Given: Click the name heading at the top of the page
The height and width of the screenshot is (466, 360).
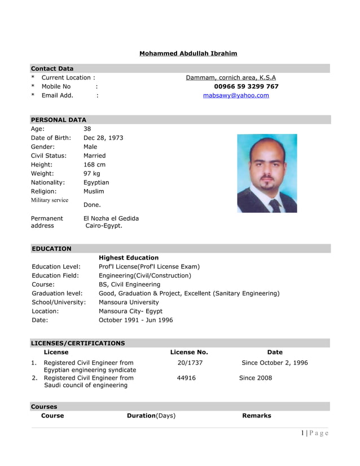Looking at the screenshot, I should [x=188, y=54].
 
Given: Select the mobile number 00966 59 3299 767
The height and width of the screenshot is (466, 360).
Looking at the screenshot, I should [x=246, y=87].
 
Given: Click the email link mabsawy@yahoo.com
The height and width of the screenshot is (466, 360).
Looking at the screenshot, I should [x=236, y=96].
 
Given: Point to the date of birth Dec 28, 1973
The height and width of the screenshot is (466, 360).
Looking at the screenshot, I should [x=103, y=138].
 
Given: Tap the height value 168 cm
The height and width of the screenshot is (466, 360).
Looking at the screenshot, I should [x=94, y=165].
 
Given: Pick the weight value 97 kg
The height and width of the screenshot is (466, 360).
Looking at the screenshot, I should [x=91, y=174].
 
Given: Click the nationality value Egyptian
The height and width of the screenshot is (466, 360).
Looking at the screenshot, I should [x=96, y=183].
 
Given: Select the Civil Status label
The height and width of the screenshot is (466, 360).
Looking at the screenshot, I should [x=49, y=156].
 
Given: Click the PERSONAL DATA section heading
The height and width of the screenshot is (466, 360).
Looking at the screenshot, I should [x=58, y=120].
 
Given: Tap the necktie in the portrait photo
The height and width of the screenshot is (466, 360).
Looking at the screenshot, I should [x=275, y=205].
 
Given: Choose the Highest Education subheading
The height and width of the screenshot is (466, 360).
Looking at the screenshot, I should [x=129, y=258].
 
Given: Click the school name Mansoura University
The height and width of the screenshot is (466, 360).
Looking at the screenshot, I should [x=129, y=302].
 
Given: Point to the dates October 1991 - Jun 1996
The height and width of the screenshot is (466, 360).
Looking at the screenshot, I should [x=136, y=320].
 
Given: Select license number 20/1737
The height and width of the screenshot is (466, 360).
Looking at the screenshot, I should [x=190, y=363].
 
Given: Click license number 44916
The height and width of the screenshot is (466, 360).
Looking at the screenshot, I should [x=186, y=378].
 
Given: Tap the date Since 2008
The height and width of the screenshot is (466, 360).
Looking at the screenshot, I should [x=255, y=378].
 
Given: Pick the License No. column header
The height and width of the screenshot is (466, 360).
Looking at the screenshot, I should [x=189, y=353].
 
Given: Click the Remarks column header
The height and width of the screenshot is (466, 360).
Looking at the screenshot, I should [x=256, y=416].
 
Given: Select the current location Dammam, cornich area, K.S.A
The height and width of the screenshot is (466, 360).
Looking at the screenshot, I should [x=231, y=78].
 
